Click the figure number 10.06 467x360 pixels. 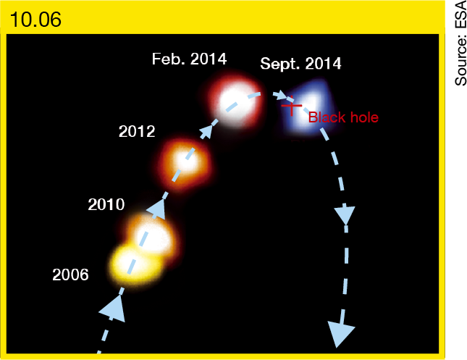35,20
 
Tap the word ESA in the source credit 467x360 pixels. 460,15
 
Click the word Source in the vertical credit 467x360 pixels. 460,60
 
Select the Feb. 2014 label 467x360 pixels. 190,59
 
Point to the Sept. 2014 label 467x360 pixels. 300,64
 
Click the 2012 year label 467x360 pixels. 137,131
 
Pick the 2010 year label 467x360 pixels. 106,204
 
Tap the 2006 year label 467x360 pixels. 70,275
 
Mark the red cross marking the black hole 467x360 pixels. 292,106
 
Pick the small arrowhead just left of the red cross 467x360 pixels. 280,96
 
